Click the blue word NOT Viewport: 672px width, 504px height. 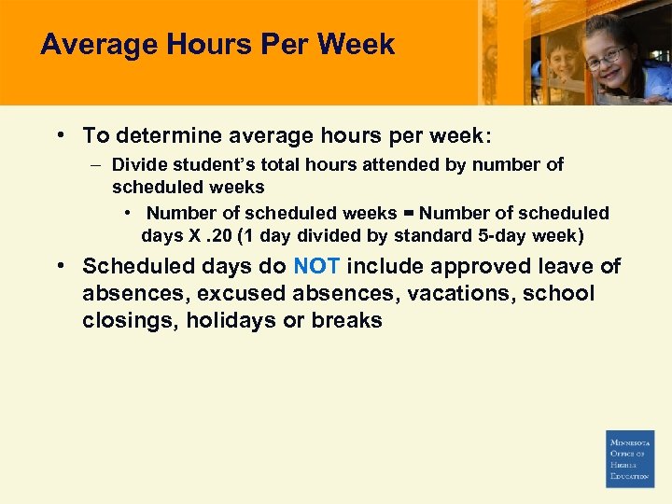[316, 267]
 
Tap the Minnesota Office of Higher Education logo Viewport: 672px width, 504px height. [630, 458]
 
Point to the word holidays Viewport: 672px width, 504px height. [221, 321]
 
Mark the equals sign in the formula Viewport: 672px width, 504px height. [409, 214]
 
